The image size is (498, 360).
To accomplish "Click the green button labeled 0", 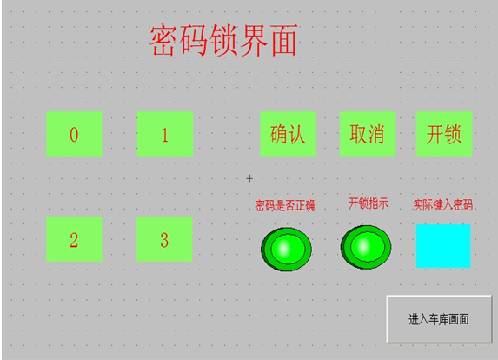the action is tap(74, 134).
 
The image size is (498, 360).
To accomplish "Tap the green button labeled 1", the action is tap(165, 134).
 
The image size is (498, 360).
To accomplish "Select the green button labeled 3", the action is tap(164, 239).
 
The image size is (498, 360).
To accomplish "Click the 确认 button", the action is tap(288, 134).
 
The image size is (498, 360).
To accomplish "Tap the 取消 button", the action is tap(368, 134).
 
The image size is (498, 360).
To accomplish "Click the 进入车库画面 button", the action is tap(439, 319).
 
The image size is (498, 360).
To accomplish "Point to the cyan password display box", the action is tap(443, 246).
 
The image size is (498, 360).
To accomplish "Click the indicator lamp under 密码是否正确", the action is tap(286, 249).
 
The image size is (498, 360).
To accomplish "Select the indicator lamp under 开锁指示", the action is tap(366, 247).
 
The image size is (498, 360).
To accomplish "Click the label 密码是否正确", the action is tap(284, 205).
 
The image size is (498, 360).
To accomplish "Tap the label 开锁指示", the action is tap(369, 203).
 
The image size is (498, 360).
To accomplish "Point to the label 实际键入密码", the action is tap(442, 205).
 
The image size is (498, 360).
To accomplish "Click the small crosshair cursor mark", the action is tap(249, 178).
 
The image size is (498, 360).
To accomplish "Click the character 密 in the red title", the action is tap(163, 41).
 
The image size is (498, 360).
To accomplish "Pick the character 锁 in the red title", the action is tap(223, 41).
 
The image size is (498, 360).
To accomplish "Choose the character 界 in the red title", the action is tap(254, 41).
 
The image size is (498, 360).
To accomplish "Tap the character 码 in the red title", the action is tap(194, 41).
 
